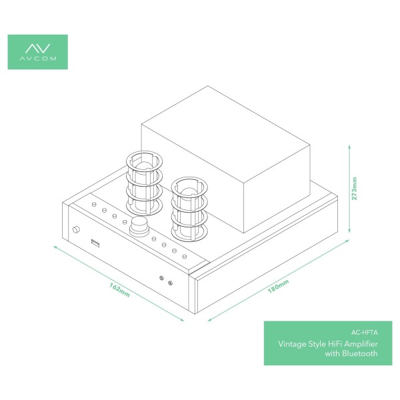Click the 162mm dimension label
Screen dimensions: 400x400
tap(119, 290)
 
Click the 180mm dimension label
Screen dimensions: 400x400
tap(278, 286)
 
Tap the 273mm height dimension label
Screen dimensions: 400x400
tap(355, 189)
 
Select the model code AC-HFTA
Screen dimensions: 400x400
tap(364, 333)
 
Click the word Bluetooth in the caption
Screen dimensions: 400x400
tap(360, 353)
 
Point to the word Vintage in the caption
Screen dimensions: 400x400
tap(292, 344)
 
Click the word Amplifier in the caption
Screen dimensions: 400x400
tap(361, 344)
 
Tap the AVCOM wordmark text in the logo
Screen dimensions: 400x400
tap(38, 59)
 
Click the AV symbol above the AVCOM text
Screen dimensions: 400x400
tap(38, 49)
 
